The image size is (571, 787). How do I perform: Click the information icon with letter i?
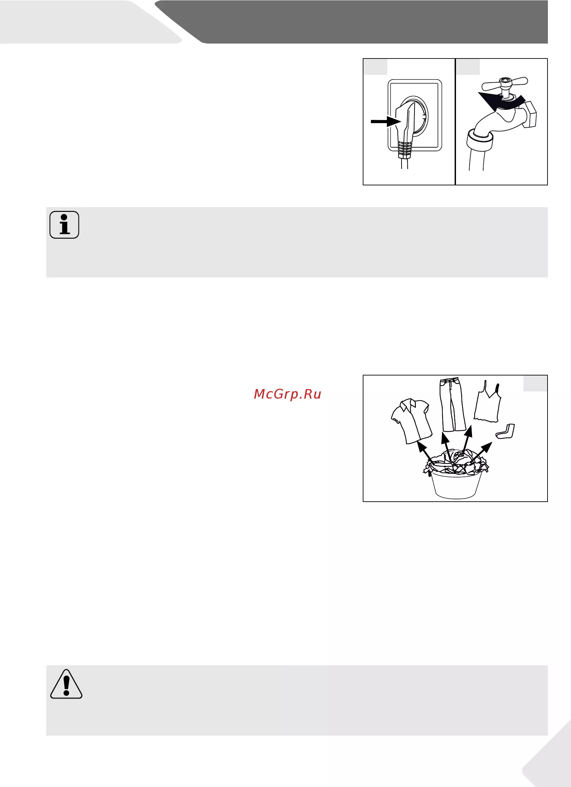64,224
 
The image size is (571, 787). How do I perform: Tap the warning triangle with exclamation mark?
66,684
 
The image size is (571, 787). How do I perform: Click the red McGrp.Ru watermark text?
288,394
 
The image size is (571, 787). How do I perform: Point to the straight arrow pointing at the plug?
386,121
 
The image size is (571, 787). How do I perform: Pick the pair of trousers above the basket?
452,405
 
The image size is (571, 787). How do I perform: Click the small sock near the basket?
506,431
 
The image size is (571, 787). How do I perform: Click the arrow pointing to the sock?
482,452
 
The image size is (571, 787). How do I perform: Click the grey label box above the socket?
376,67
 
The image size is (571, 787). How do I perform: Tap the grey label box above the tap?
468,67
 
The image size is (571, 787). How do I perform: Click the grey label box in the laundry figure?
535,383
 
